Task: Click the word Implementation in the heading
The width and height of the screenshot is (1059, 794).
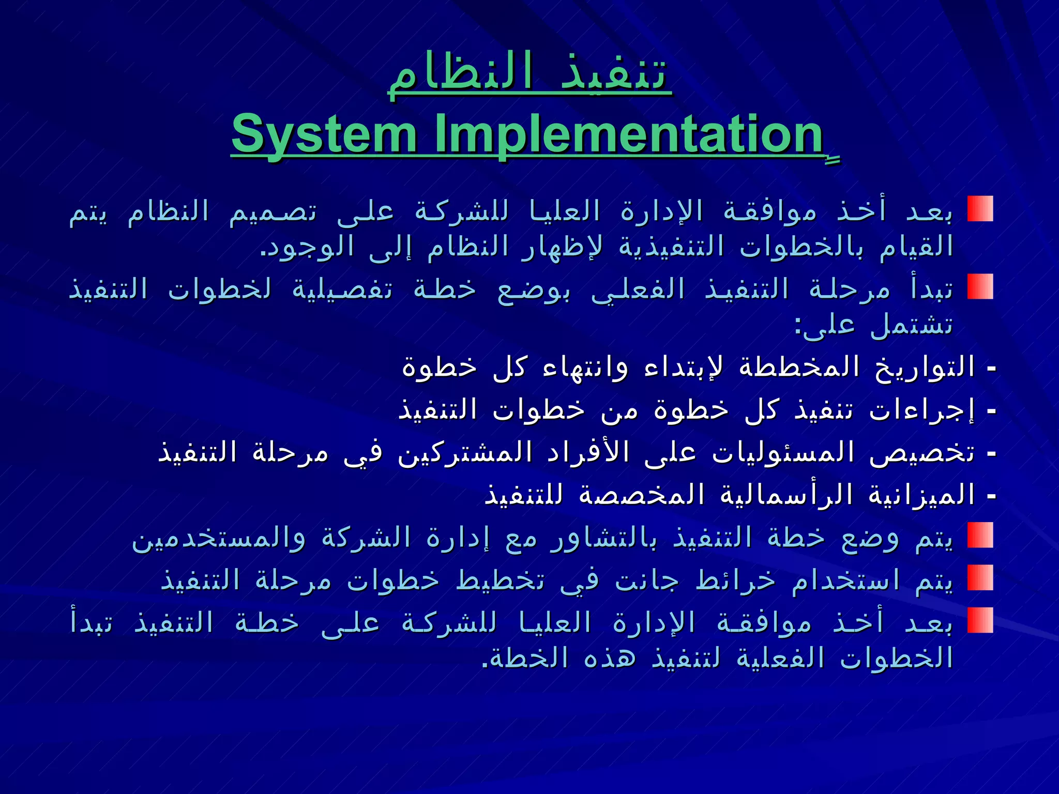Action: [x=628, y=134]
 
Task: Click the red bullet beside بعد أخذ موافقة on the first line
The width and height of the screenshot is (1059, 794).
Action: [x=980, y=209]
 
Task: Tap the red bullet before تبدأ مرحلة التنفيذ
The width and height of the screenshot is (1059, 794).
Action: [x=980, y=287]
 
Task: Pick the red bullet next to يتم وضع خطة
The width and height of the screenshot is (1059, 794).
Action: [x=980, y=535]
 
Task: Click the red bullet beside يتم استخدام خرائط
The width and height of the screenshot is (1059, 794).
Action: [x=980, y=577]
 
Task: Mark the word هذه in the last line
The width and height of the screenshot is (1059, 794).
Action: [x=603, y=659]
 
